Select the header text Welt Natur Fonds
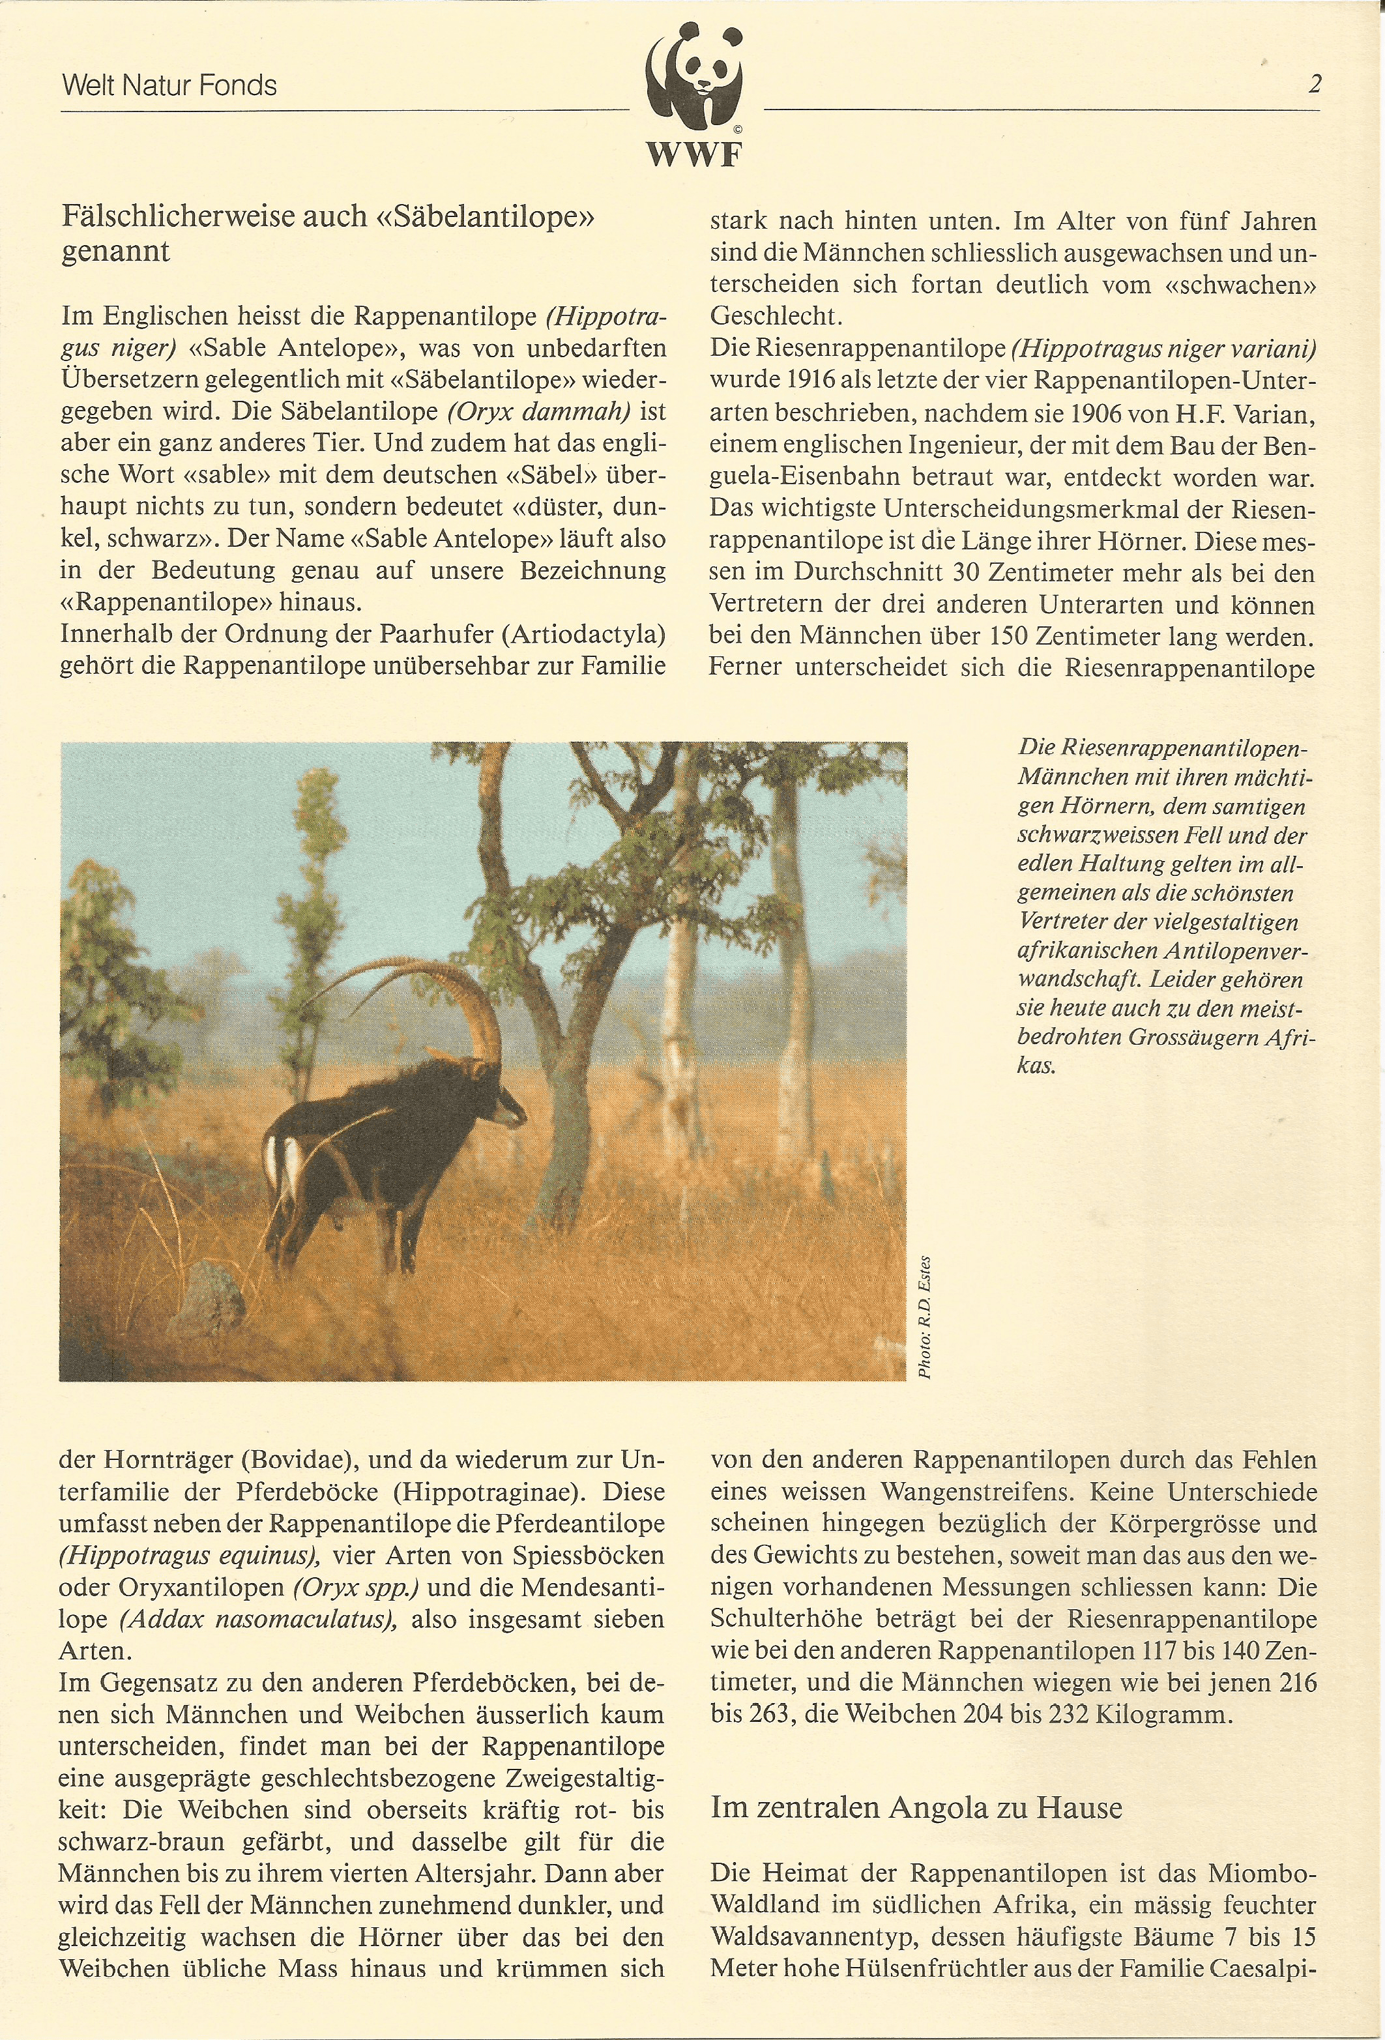169,86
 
